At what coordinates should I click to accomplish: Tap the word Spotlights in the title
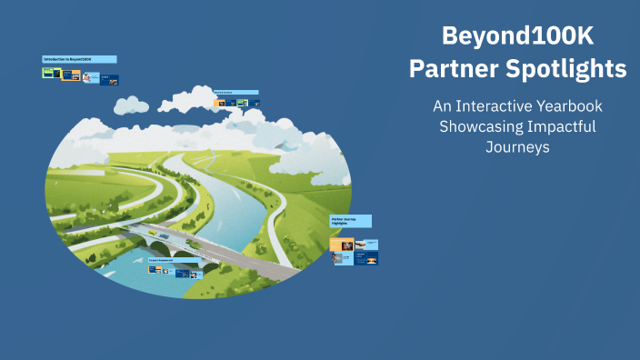click(x=568, y=68)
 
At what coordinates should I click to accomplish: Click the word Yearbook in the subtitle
click(x=571, y=106)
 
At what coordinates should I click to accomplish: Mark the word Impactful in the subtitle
click(x=563, y=126)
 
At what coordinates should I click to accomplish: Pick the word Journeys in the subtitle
click(x=518, y=146)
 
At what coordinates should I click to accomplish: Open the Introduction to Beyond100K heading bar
click(x=79, y=59)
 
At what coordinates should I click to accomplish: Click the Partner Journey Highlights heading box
click(x=350, y=221)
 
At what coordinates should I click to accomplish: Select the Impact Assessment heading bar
click(x=173, y=260)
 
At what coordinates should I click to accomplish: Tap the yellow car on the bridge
click(x=152, y=232)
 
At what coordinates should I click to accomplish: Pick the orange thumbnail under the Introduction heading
click(x=69, y=75)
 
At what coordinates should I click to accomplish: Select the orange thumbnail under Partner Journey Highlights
click(x=342, y=244)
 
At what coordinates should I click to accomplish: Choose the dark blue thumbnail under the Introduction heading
click(x=110, y=80)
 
